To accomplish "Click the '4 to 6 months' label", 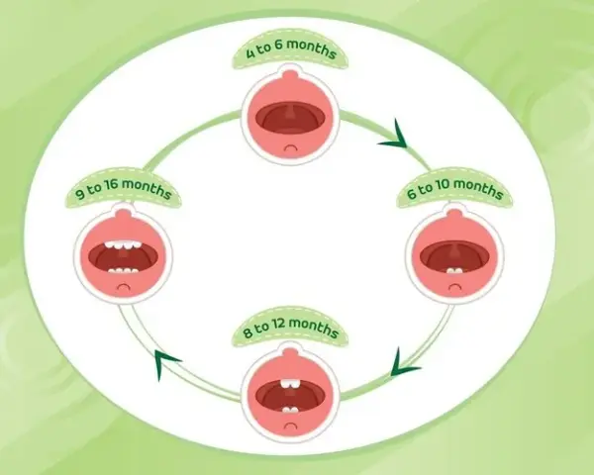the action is (x=291, y=49).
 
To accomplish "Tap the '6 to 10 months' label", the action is (x=455, y=188).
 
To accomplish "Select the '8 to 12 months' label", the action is (x=290, y=328).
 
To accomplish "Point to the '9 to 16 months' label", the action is (x=124, y=189).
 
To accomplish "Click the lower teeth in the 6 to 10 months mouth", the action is (x=454, y=271).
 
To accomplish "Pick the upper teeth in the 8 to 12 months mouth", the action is (x=290, y=384).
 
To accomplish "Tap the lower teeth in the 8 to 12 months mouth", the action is (x=290, y=410).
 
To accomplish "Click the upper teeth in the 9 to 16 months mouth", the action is (x=123, y=245).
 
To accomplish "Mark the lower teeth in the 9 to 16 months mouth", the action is (x=123, y=271).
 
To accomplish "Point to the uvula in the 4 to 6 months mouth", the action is (x=290, y=112).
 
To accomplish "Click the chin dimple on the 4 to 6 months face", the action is (x=290, y=148).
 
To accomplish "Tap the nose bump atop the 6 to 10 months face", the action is (x=454, y=214).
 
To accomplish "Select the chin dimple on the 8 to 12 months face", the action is (x=290, y=426).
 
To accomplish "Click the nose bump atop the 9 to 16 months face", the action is (x=124, y=214).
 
